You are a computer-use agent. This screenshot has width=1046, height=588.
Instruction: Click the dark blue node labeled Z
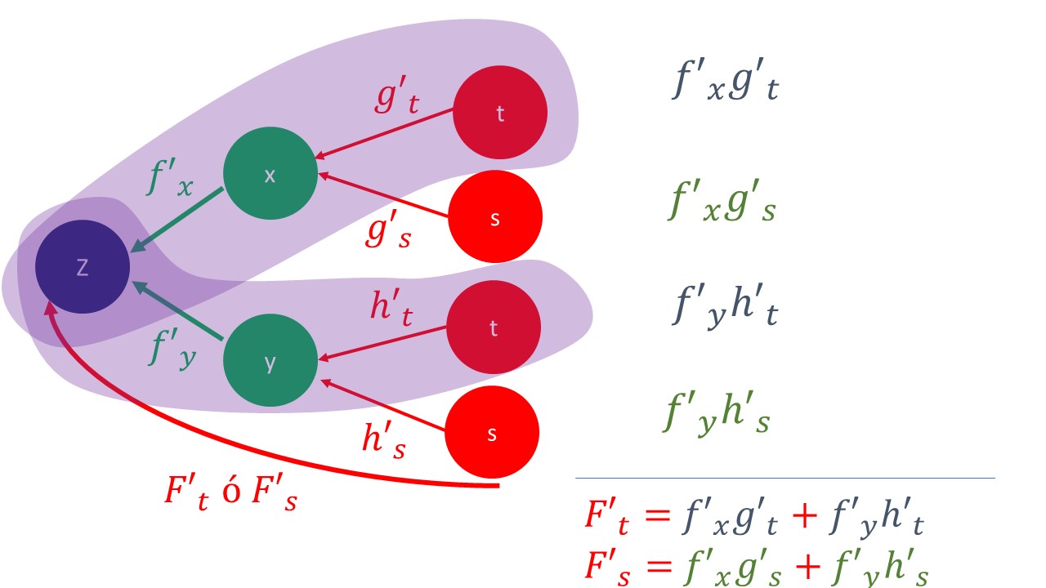coord(83,267)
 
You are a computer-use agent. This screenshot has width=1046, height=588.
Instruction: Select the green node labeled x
coord(270,175)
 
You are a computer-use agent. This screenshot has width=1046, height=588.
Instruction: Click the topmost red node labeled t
coord(500,114)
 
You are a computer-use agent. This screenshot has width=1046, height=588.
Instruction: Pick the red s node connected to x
coord(495,217)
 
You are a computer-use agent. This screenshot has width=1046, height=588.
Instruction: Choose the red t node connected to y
coord(494,327)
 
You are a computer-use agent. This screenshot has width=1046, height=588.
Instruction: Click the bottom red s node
coord(492,433)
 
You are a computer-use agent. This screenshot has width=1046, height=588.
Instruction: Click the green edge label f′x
coord(169,179)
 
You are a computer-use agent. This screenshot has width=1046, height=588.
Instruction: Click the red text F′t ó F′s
coord(230,492)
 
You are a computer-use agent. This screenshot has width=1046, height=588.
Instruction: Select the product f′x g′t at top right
coord(724,83)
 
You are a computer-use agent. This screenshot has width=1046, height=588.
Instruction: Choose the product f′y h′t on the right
coord(724,309)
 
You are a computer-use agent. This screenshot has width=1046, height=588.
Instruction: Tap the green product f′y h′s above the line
coord(716,415)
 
